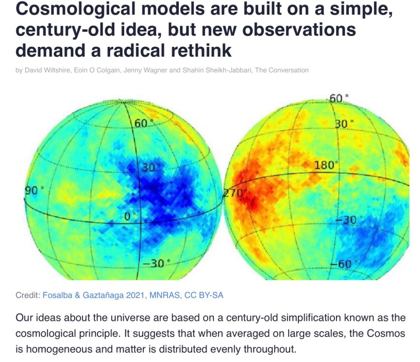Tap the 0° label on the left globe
pyautogui.click(x=128, y=216)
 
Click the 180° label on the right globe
pyautogui.click(x=325, y=165)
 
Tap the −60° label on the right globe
pyautogui.click(x=341, y=264)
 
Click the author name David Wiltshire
pyautogui.click(x=47, y=70)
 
